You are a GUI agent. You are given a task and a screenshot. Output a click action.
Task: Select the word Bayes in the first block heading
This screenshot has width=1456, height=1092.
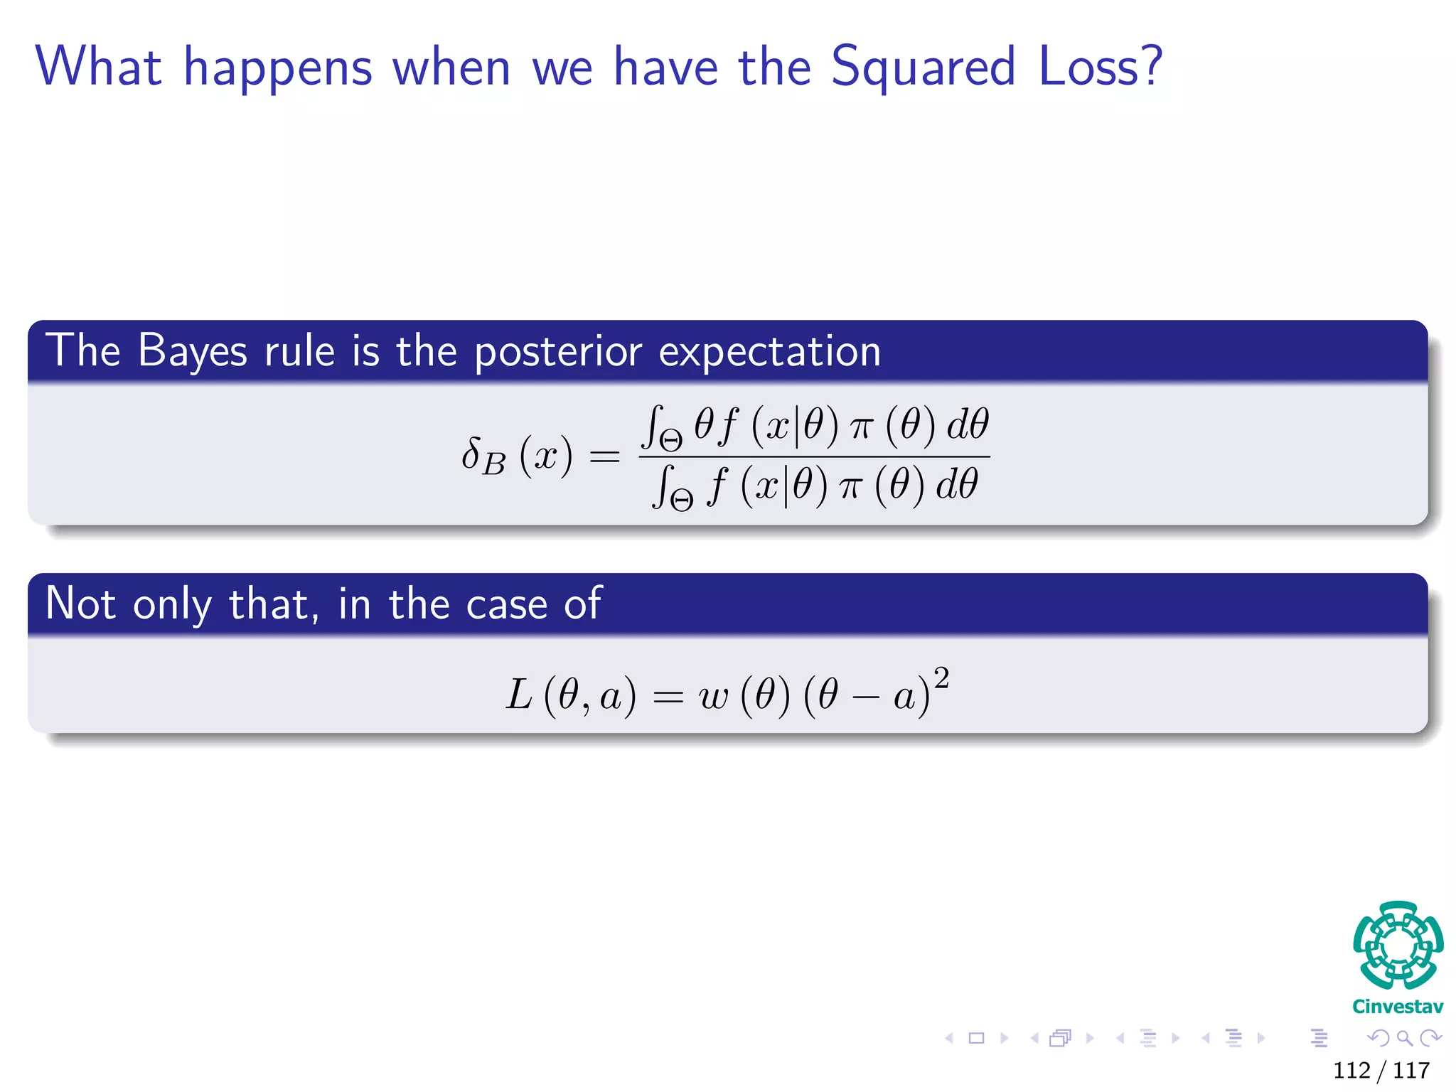[192, 351]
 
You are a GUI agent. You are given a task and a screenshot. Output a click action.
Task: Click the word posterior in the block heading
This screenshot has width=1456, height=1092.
[557, 353]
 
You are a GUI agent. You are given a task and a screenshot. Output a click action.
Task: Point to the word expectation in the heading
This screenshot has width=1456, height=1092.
[769, 351]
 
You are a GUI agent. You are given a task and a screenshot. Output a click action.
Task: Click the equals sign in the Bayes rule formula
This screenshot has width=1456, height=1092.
[604, 456]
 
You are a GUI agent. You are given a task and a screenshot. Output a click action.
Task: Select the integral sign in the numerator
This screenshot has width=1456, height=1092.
[651, 426]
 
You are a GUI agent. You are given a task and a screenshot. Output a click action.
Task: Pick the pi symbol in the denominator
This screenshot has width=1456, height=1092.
[850, 488]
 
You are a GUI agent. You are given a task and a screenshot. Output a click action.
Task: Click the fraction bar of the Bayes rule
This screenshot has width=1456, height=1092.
[814, 457]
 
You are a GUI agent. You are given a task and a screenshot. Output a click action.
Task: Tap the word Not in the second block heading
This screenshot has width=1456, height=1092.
[80, 604]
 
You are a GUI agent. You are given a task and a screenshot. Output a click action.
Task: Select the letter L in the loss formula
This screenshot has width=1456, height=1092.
[518, 695]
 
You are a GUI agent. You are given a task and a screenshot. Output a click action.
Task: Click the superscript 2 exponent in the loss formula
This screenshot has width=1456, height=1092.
[941, 678]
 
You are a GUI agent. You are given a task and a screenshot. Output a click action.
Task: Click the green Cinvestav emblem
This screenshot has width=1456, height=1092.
[1397, 946]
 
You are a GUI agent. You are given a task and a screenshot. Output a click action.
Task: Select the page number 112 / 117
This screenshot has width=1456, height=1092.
[1381, 1070]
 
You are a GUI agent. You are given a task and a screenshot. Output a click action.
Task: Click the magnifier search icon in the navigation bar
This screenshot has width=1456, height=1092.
[1404, 1039]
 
